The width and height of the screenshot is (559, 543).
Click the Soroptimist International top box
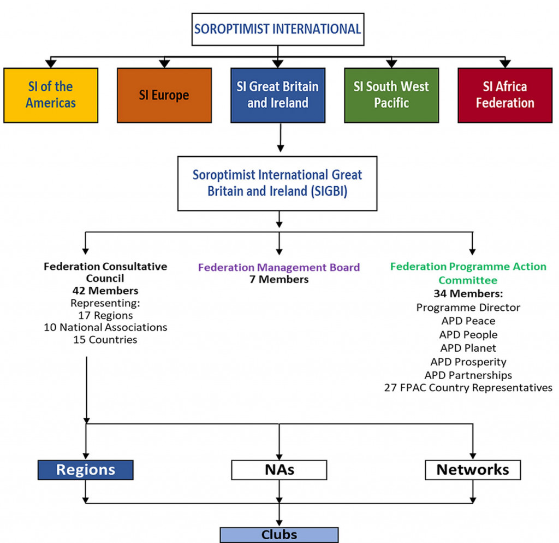(x=278, y=29)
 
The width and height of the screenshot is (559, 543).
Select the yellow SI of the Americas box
(x=51, y=95)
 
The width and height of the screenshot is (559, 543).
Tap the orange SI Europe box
(x=164, y=95)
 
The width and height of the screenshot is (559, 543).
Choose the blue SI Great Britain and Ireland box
(x=278, y=95)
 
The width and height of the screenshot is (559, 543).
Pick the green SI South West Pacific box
(x=391, y=95)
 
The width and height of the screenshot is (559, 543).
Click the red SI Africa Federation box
(x=505, y=95)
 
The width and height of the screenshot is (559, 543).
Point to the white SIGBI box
(x=277, y=184)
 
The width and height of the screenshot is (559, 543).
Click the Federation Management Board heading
(x=279, y=267)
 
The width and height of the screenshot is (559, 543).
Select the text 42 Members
(x=105, y=291)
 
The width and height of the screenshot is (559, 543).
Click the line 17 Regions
(x=105, y=315)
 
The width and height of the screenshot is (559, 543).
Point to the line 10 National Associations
(x=105, y=327)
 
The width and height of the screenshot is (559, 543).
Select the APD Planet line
(x=468, y=348)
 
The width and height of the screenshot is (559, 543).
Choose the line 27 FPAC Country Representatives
(x=468, y=388)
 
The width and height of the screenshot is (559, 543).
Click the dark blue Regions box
(x=86, y=470)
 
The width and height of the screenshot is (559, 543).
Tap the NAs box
(x=279, y=470)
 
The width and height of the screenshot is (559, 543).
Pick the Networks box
(x=473, y=470)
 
